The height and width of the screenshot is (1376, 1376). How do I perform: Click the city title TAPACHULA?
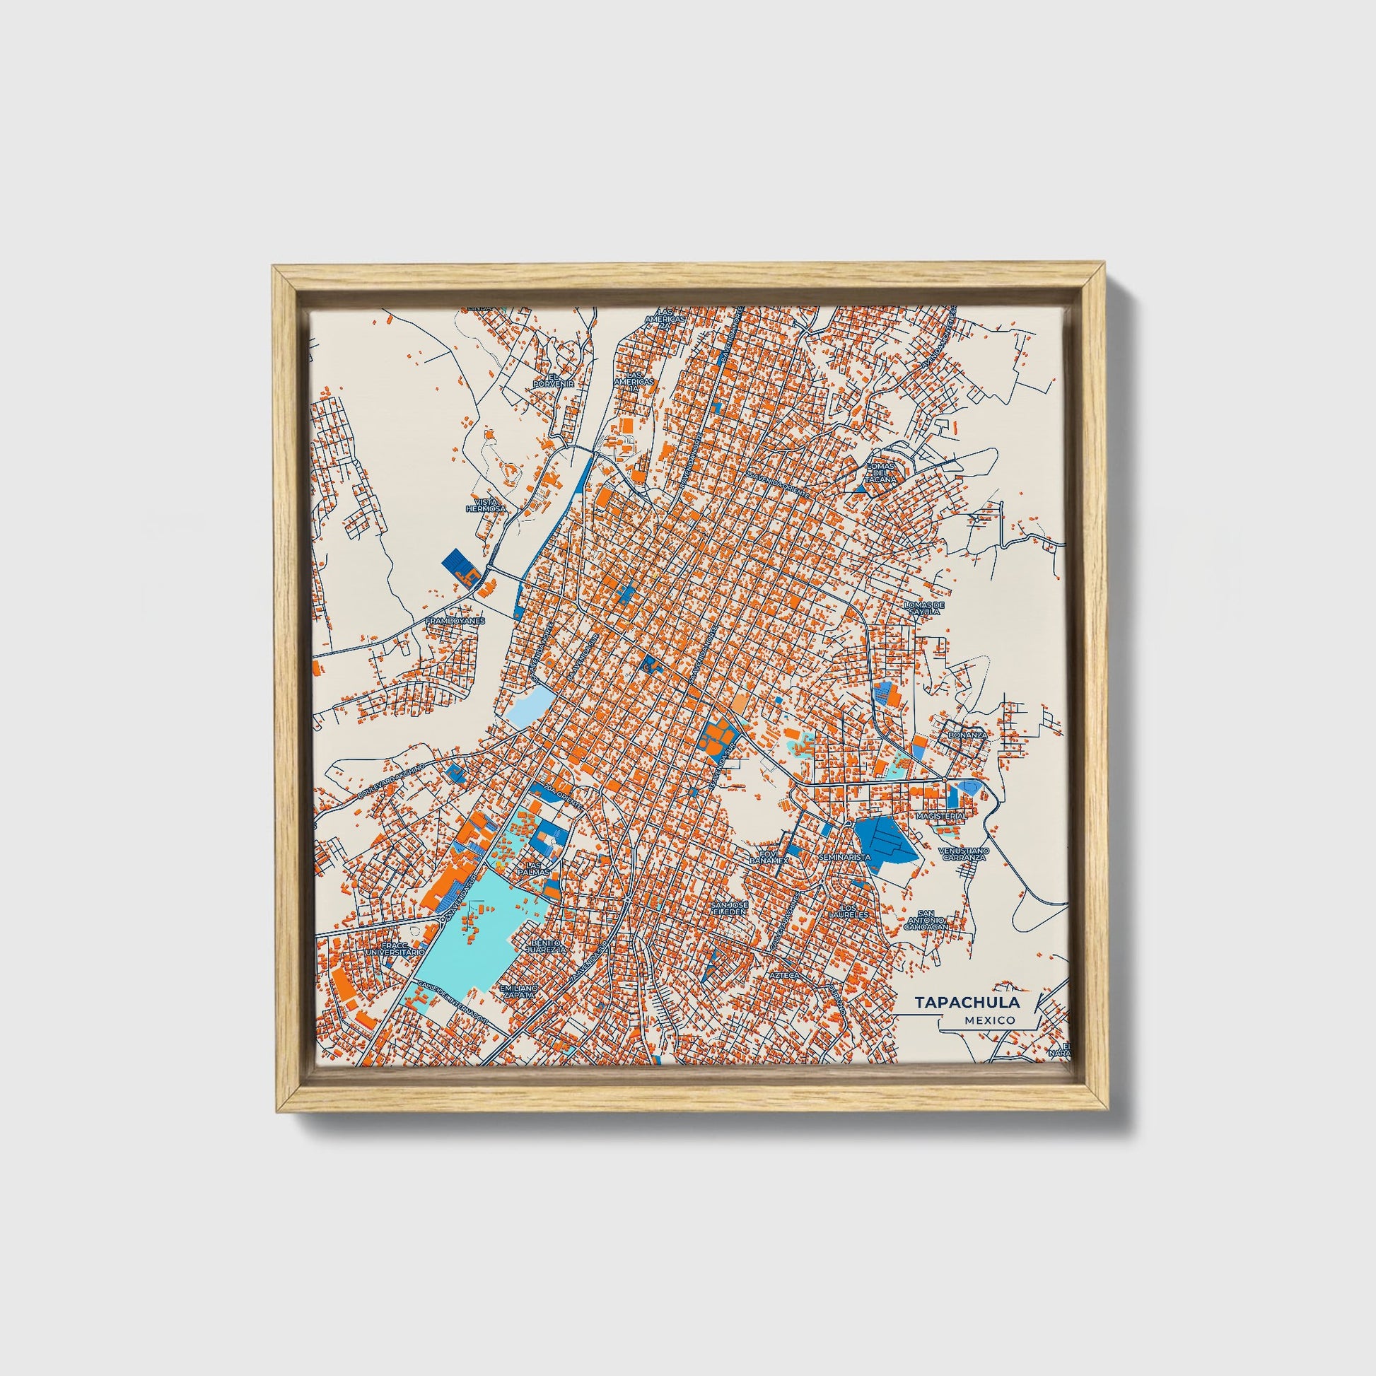pos(967,1002)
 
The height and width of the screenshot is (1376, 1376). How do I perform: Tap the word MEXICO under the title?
pos(990,1020)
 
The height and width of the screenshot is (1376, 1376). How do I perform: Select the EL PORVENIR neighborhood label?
pos(554,380)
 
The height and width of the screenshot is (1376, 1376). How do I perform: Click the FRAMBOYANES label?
pos(455,621)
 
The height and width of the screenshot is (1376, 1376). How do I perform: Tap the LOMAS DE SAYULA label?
pos(922,608)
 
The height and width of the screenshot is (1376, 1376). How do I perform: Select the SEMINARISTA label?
pos(845,858)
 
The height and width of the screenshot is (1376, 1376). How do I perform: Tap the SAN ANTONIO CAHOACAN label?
pos(926,921)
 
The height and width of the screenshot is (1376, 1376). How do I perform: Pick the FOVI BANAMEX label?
pos(767,857)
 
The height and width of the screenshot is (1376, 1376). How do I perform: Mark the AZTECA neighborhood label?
pos(786,974)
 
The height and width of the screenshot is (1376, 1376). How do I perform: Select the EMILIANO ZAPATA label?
pos(517,992)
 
